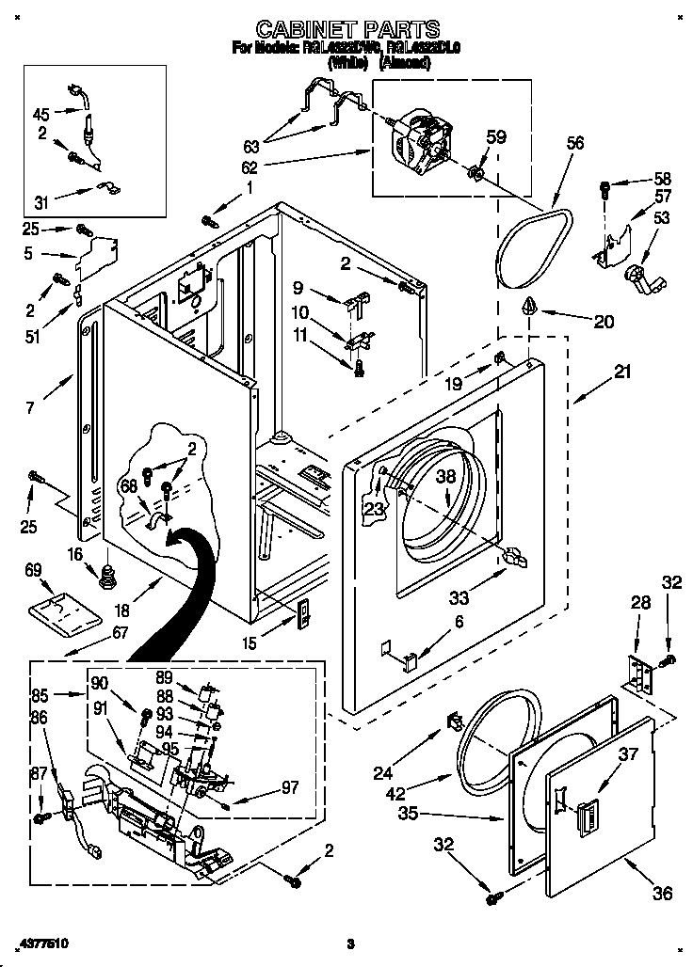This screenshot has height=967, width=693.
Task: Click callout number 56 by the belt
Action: coord(574,143)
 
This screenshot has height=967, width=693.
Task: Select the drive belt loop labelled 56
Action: coord(533,246)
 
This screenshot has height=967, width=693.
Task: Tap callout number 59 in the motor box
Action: coord(496,136)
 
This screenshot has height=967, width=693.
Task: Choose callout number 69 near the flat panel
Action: coord(34,570)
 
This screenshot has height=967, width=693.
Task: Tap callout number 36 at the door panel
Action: coord(663,893)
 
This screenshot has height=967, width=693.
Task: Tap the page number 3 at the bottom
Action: coord(349,943)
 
